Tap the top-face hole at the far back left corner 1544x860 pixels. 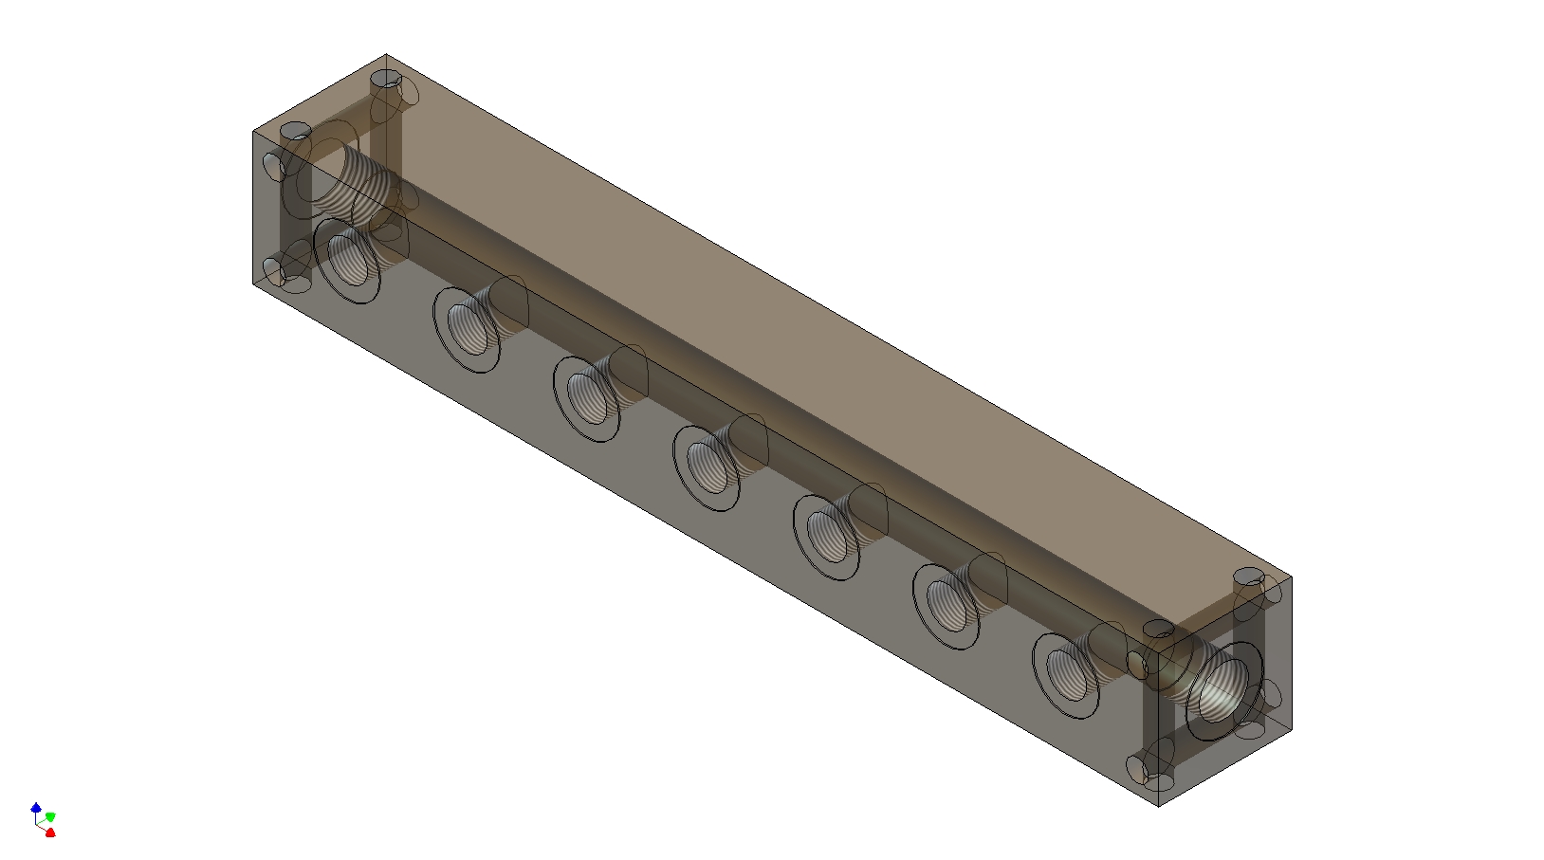[386, 78]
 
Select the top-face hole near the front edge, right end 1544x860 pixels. [1159, 629]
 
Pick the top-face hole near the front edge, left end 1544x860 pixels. [297, 131]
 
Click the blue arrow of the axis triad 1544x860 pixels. [36, 808]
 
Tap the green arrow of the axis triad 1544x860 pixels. [50, 816]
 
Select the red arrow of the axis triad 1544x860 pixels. [50, 833]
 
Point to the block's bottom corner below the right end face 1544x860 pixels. [1159, 806]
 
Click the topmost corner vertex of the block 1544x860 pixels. [386, 54]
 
